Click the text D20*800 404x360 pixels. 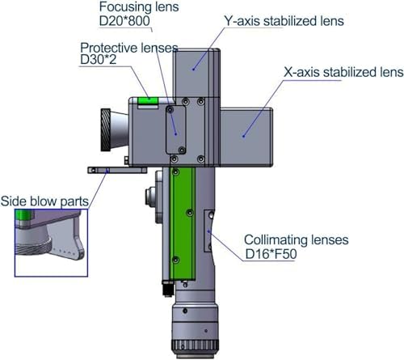pyautogui.click(x=124, y=21)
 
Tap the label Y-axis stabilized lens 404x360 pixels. pyautogui.click(x=284, y=21)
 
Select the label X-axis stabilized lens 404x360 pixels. pyautogui.click(x=343, y=72)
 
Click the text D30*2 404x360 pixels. pyautogui.click(x=99, y=59)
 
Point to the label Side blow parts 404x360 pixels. pyautogui.click(x=44, y=201)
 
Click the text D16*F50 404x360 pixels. pyautogui.click(x=271, y=254)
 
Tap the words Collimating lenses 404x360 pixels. pyautogui.click(x=297, y=239)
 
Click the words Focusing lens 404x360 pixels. pyautogui.click(x=139, y=6)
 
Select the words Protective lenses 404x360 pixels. pyautogui.click(x=129, y=48)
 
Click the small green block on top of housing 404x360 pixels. pyautogui.click(x=148, y=101)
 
